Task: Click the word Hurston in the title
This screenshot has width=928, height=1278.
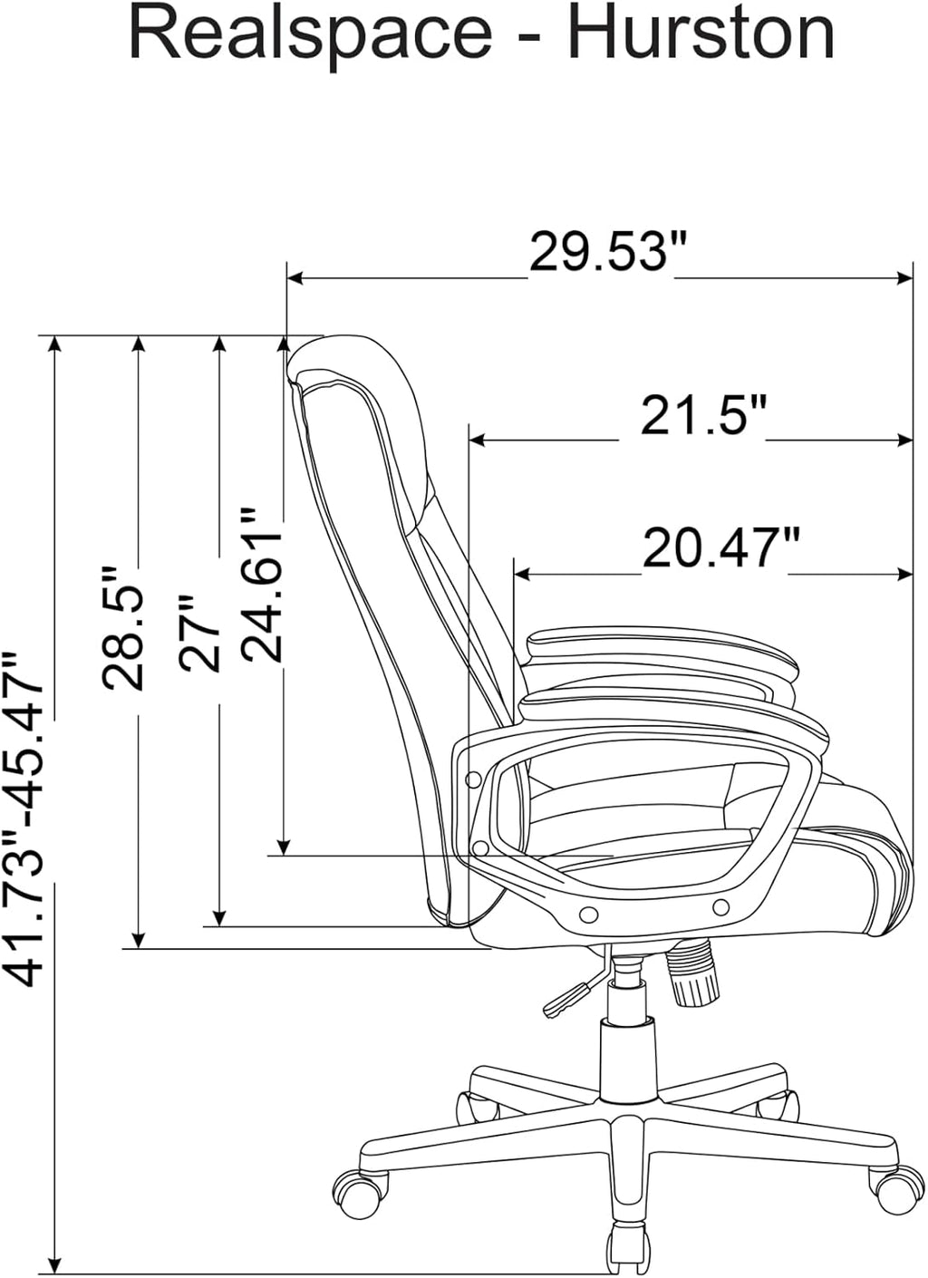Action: click(701, 34)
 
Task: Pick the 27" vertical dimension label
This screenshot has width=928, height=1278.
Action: click(198, 632)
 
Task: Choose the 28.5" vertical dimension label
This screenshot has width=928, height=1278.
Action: click(121, 628)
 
